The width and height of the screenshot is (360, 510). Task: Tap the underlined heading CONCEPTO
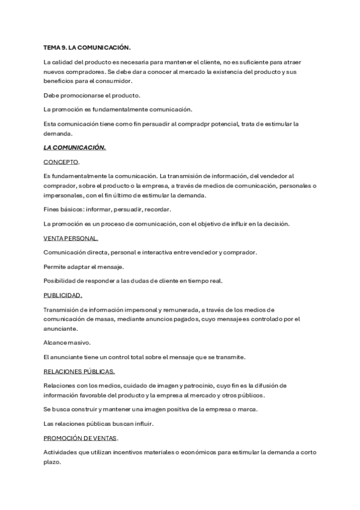click(61, 162)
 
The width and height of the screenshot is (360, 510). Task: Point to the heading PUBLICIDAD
click(63, 295)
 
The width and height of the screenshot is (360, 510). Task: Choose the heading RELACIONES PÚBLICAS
click(79, 371)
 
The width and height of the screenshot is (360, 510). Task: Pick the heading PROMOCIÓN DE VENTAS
click(81, 438)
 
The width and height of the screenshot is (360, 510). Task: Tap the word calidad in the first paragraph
click(64, 62)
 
